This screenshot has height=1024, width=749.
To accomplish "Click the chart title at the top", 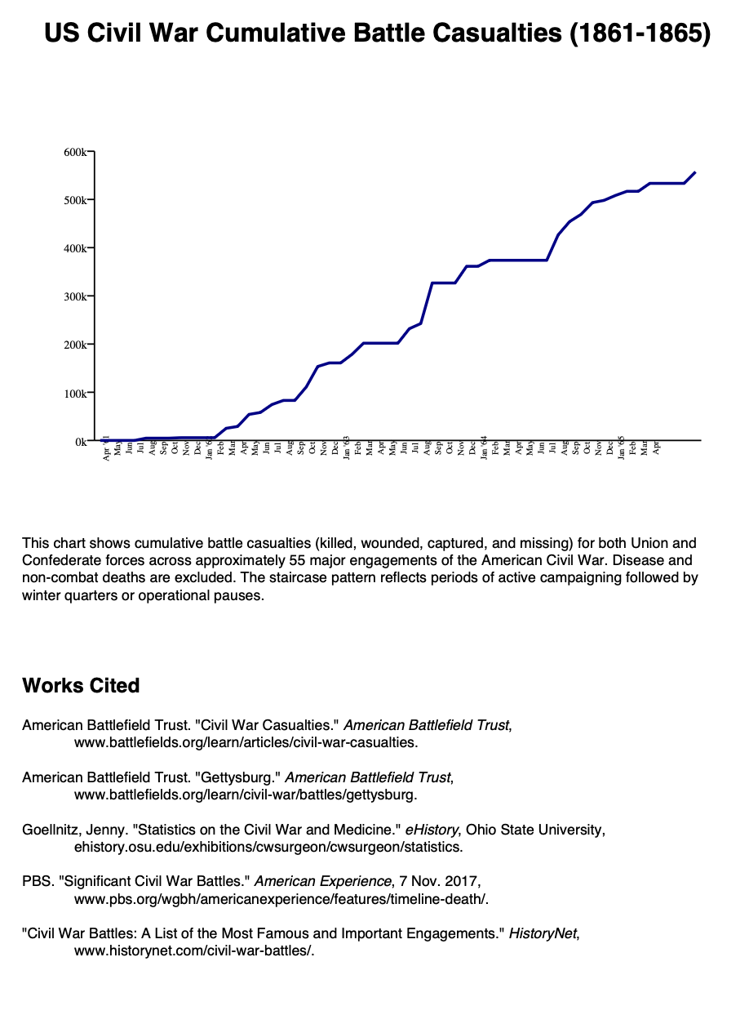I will (x=377, y=33).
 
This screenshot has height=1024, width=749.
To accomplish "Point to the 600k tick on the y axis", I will (x=75, y=152).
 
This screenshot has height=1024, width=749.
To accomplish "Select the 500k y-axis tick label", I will (x=75, y=200).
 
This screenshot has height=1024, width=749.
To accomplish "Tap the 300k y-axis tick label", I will (x=75, y=296).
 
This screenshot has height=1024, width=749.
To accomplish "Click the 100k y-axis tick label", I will (x=75, y=394).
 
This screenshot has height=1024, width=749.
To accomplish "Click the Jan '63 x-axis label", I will (x=347, y=448).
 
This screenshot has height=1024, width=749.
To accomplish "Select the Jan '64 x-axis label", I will (x=484, y=448).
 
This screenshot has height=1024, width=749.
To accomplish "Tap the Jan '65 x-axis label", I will (x=621, y=448).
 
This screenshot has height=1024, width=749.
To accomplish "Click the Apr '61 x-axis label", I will (x=107, y=448).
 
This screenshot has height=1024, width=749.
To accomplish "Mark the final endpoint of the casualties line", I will (x=695, y=172).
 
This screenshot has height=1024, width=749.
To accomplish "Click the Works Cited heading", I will (x=81, y=686).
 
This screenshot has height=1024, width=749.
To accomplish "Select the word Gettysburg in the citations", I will (x=242, y=778).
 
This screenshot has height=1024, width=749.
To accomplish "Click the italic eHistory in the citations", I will (x=432, y=831).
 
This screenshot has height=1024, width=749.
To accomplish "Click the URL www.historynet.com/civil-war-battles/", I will (x=194, y=951).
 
